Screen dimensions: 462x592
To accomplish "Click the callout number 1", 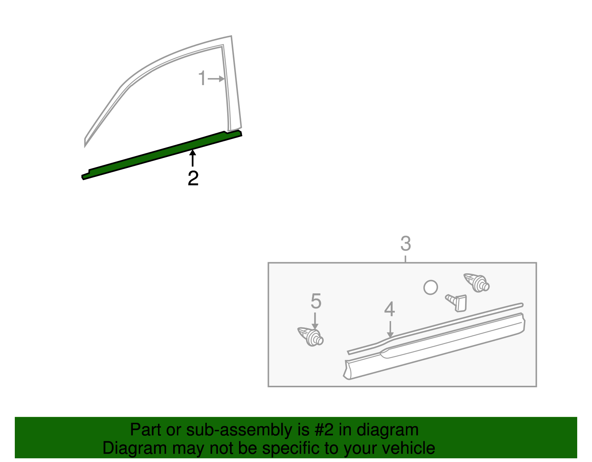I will tap(202, 78).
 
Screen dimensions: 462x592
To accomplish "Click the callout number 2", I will tap(193, 178).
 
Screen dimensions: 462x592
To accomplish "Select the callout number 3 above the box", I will tap(406, 244).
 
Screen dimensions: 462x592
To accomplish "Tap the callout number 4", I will tap(389, 309).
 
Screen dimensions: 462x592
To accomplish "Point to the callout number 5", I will tap(316, 301).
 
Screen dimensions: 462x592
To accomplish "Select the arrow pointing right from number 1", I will tap(216, 78).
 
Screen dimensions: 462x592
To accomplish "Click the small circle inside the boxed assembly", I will tap(430, 287).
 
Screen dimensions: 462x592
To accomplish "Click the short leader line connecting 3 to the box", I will tap(406, 258).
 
